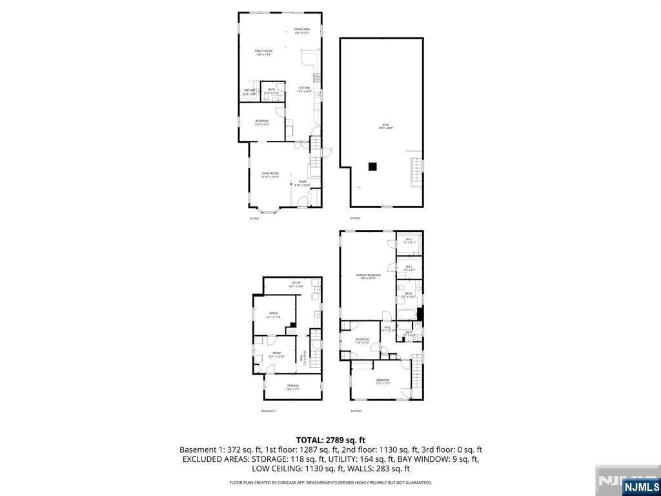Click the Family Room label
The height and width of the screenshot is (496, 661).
pos(263,51)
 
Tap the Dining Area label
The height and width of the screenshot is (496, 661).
pos(302,29)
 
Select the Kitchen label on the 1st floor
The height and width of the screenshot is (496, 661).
pos(304,88)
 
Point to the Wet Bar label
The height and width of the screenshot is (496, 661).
pos(249,90)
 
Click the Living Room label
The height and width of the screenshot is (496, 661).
pos(270,173)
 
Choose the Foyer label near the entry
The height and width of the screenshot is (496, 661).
pos(302,182)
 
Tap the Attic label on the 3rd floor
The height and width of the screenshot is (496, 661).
pos(385,125)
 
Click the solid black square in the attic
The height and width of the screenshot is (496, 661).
pos(372,166)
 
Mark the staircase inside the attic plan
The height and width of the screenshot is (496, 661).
pos(417,172)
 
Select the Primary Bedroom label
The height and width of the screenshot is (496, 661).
pos(369,275)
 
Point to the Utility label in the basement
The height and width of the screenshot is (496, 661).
pos(296,283)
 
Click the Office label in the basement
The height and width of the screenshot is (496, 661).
pos(273,314)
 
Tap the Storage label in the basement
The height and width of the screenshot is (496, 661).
pos(292,386)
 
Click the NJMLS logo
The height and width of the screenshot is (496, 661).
pos(641,486)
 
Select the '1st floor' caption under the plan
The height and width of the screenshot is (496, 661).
pos(254,218)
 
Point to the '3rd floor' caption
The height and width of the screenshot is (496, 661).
pos(355,218)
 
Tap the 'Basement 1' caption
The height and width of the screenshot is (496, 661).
pos(269,411)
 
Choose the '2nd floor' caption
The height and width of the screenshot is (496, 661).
pos(356,411)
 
